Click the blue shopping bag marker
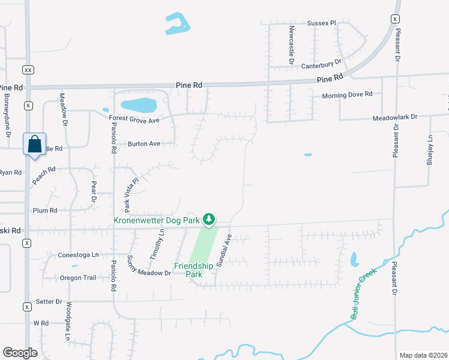click(34, 145)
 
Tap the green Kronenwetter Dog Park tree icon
click(209, 220)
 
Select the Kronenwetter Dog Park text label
click(156, 220)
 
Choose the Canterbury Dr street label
click(321, 62)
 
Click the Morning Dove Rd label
click(348, 94)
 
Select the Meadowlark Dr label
click(394, 117)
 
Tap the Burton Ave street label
click(144, 144)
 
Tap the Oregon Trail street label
click(77, 278)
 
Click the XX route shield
click(28, 69)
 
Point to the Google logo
click(20, 353)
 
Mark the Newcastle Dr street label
click(291, 45)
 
